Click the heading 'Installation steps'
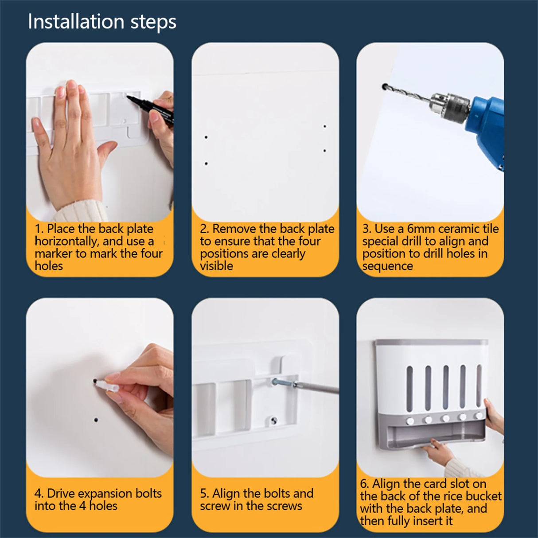click(102, 22)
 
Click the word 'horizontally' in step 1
click(65, 241)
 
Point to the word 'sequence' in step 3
click(387, 266)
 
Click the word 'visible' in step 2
click(216, 266)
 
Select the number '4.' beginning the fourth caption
click(39, 494)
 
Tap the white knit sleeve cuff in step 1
click(81, 211)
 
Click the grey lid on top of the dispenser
click(432, 342)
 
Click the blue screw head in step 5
click(275, 381)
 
